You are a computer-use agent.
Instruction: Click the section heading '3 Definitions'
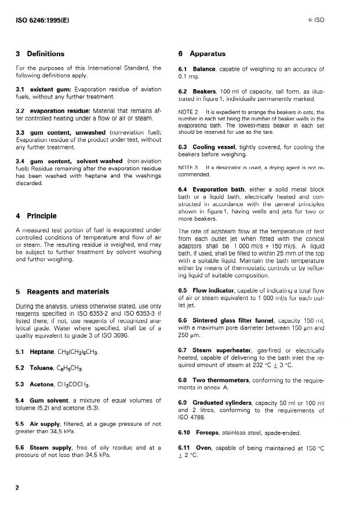41,54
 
